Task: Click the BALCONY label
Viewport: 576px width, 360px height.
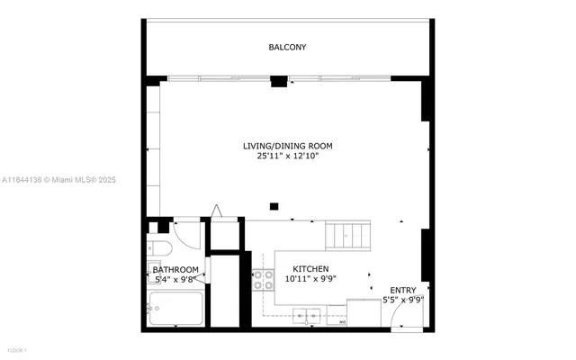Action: [x=287, y=47]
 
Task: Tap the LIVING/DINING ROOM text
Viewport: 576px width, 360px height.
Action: [x=287, y=146]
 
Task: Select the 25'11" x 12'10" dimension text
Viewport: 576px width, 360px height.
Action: [x=287, y=156]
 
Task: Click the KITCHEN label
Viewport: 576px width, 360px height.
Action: [x=310, y=269]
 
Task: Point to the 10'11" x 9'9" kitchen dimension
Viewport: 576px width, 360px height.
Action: [x=310, y=279]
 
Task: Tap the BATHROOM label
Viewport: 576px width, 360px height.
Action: [x=175, y=269]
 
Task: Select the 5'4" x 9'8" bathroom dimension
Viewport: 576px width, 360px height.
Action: [x=175, y=279]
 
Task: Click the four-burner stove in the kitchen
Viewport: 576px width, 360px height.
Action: [x=264, y=280]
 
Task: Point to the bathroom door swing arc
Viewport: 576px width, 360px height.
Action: [x=188, y=236]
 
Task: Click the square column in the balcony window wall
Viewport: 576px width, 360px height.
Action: [x=279, y=82]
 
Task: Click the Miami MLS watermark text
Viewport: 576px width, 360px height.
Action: [x=58, y=180]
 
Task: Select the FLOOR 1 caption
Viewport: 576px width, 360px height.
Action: [x=16, y=348]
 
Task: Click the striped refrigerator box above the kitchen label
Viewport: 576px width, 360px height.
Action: [x=346, y=236]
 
